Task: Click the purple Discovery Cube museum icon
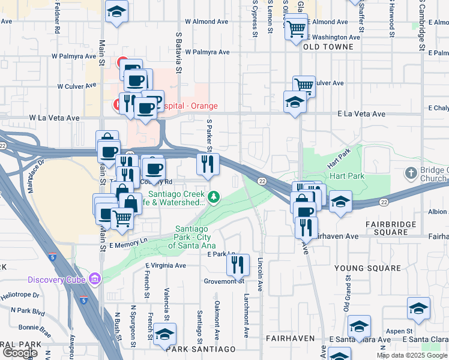click(x=94, y=278)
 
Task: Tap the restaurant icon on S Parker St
click(x=208, y=164)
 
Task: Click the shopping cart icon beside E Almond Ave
click(x=296, y=28)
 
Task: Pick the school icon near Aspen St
click(x=418, y=308)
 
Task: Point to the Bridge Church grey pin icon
click(x=411, y=173)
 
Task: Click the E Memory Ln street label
click(x=128, y=246)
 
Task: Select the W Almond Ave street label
click(x=207, y=21)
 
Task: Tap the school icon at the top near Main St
click(x=116, y=11)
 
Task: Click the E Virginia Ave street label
click(x=166, y=265)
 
